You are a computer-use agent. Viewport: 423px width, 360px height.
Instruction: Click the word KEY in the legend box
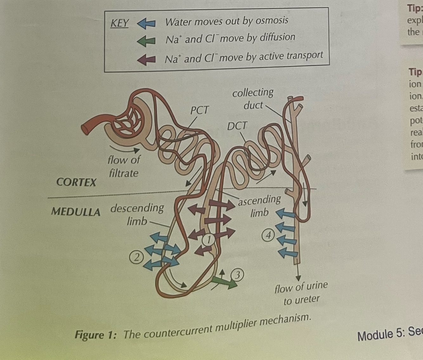tap(120, 23)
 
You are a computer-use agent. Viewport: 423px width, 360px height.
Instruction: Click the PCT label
tap(199, 110)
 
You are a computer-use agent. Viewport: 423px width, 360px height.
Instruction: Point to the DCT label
tap(237, 126)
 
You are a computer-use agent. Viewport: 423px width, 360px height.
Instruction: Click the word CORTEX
tap(76, 182)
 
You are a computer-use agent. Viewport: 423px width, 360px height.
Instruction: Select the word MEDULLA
tap(76, 212)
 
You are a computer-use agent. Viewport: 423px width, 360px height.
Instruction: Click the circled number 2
tap(136, 257)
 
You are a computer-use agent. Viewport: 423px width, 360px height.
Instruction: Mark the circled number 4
tap(268, 236)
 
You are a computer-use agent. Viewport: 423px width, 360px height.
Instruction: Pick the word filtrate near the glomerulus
tap(124, 173)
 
